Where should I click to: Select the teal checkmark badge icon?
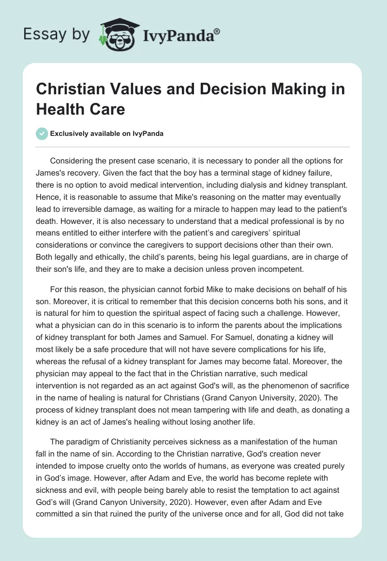click(x=42, y=134)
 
